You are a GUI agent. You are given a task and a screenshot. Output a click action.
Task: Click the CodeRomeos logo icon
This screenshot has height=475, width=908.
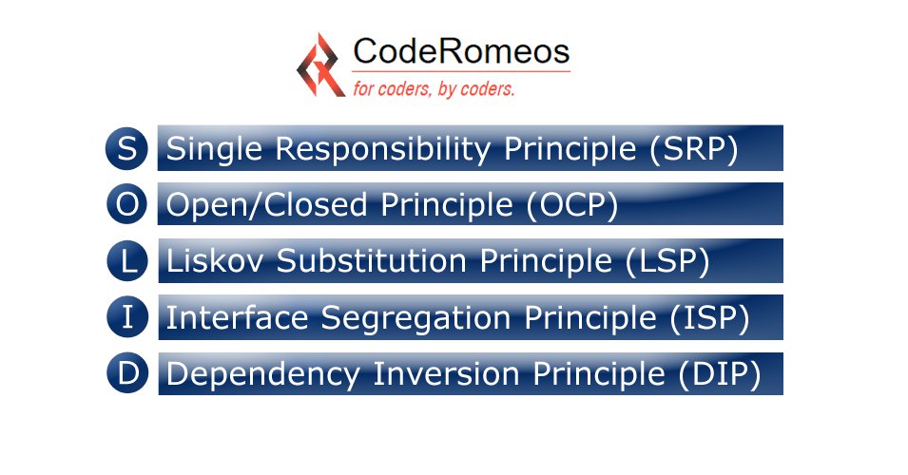[320, 65]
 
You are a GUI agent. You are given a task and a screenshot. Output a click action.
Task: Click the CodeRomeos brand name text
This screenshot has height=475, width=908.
[461, 51]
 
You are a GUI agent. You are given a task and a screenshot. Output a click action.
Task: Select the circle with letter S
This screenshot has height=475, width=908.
[127, 149]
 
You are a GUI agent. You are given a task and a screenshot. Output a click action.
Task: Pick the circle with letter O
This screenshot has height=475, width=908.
[127, 204]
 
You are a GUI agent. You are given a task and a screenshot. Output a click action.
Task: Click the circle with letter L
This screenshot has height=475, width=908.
[127, 261]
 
